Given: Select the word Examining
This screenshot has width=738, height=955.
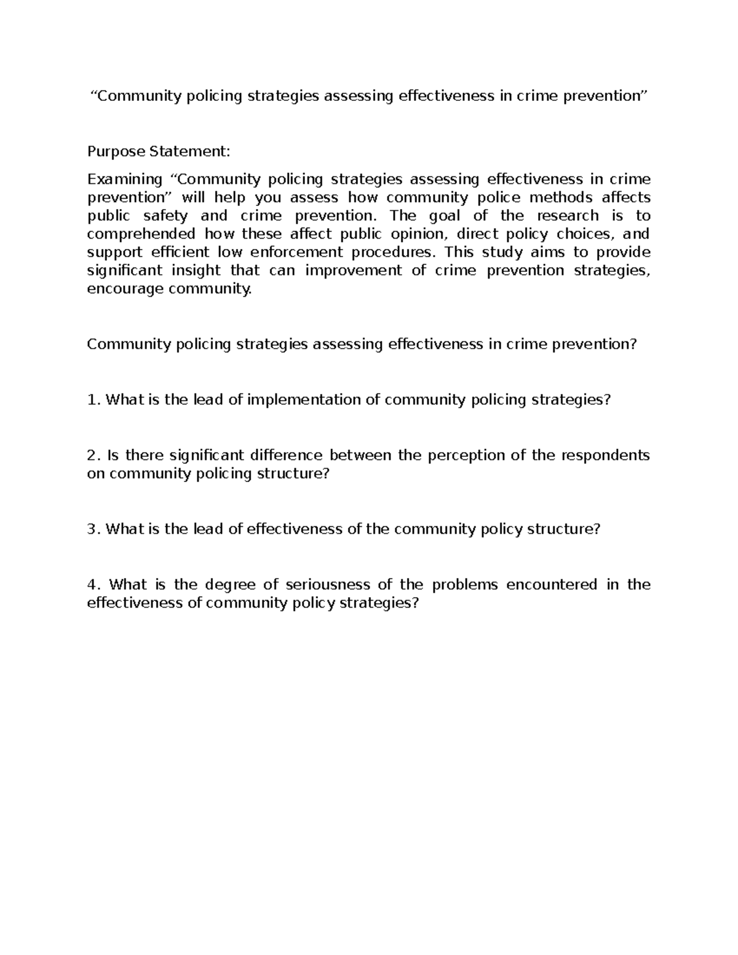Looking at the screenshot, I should (124, 179).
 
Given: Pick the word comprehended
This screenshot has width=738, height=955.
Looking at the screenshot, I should (141, 234).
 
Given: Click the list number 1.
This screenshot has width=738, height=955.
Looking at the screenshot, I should (93, 400).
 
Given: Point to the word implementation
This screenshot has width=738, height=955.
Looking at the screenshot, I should (304, 400).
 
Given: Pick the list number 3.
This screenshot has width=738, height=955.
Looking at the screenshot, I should (93, 529).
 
